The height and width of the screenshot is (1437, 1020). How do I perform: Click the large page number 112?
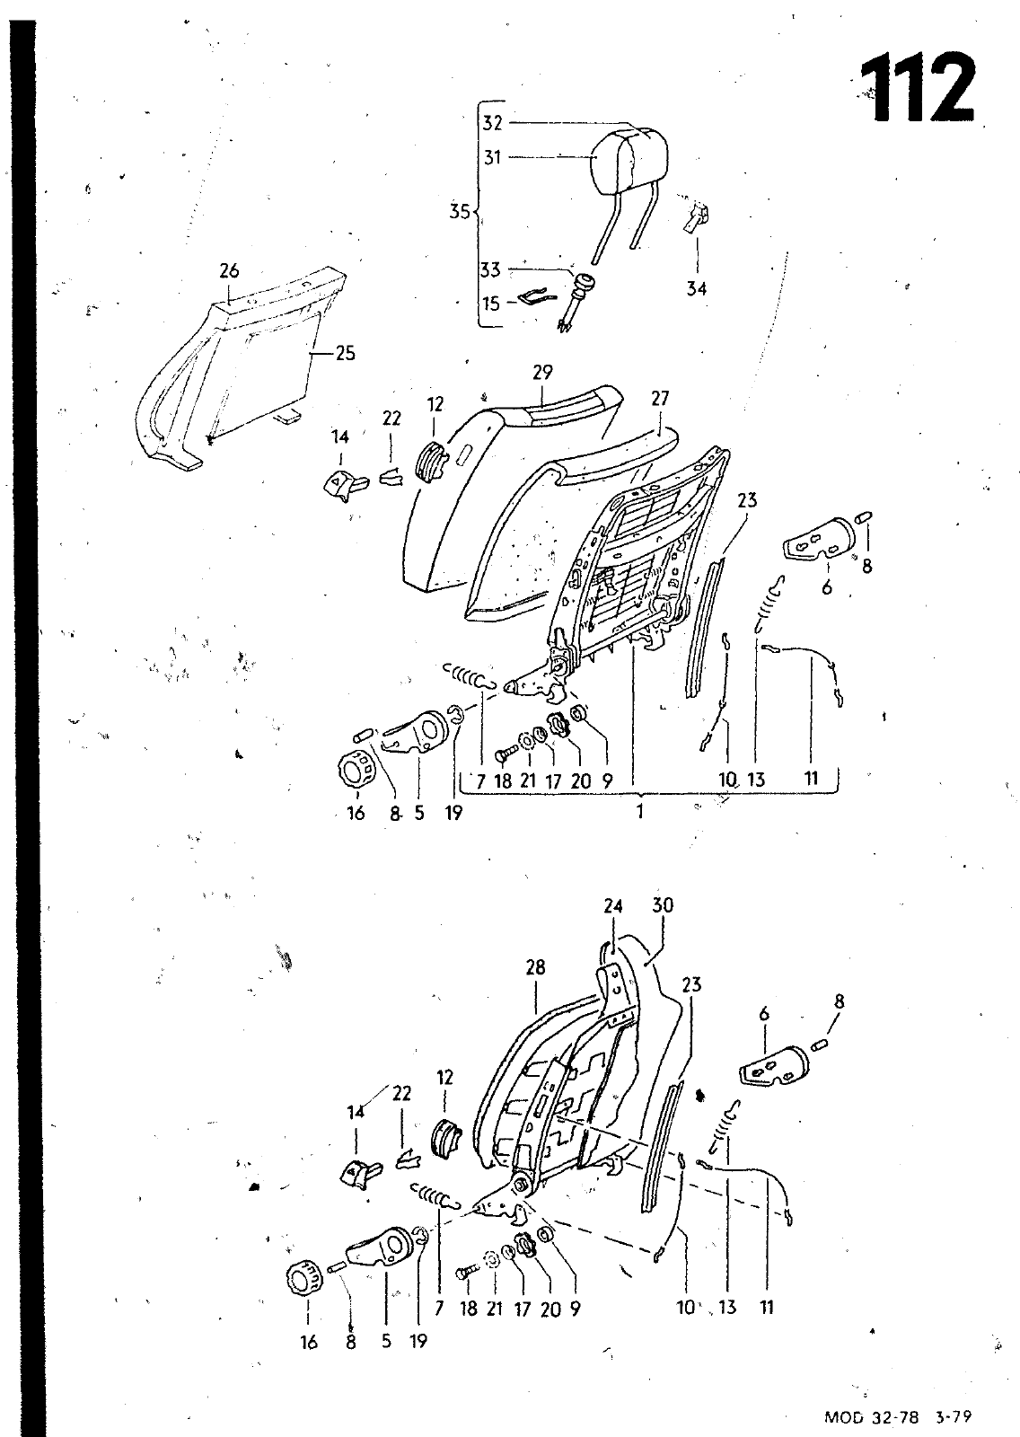[x=919, y=89]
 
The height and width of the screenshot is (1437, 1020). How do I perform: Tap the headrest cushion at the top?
[x=629, y=158]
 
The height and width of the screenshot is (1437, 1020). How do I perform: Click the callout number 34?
[x=696, y=288]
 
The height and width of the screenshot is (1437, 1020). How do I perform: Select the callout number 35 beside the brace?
[x=460, y=211]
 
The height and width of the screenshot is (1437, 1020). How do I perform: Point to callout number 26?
[x=229, y=270]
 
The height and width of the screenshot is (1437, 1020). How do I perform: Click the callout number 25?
[x=345, y=354]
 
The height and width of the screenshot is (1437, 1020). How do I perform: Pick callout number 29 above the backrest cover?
[x=542, y=372]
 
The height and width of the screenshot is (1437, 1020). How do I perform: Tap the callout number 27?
[x=659, y=399]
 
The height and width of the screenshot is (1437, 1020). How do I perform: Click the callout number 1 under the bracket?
[x=639, y=812]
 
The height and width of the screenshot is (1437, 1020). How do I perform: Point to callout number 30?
[x=663, y=905]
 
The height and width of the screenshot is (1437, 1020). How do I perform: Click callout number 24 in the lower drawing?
[x=613, y=906]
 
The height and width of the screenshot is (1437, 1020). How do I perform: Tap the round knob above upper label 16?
[x=355, y=768]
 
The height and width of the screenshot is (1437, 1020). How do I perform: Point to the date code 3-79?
[x=954, y=1416]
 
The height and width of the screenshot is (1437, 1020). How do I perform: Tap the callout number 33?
[x=490, y=270]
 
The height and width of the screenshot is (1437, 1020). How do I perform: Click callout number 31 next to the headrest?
[x=492, y=157]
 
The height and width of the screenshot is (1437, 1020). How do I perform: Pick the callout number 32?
[x=492, y=122]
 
